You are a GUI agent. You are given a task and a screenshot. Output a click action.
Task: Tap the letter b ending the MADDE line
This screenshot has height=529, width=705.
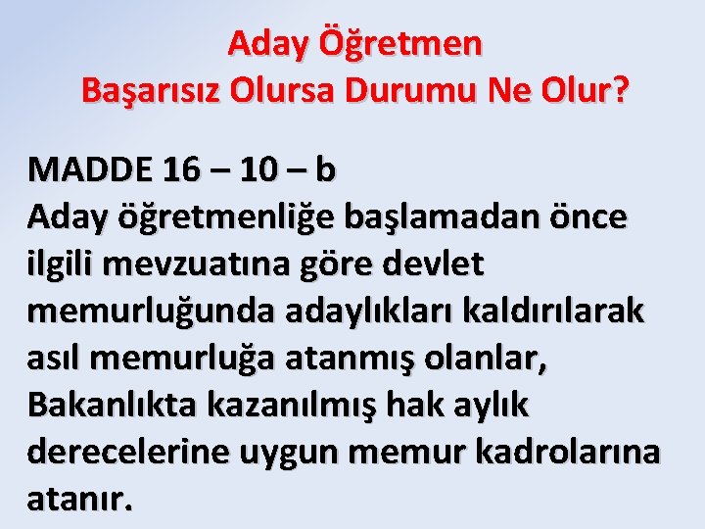325,169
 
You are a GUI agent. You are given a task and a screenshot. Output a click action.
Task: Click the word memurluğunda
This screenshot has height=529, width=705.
157,311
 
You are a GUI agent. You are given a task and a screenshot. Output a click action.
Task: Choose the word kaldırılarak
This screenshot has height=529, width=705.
553,311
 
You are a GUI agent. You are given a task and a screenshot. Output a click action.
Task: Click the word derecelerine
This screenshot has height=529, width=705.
132,452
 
